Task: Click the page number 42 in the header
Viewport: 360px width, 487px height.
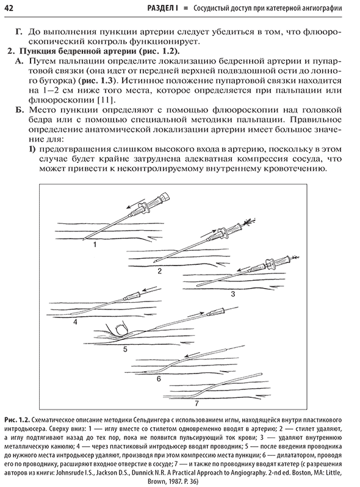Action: (x=9, y=8)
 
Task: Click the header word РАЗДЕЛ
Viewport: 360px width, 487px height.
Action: (x=161, y=8)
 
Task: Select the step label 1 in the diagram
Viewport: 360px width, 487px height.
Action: (x=95, y=245)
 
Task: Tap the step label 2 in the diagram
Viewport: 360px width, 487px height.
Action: (x=160, y=271)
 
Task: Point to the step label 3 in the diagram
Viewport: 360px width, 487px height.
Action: (x=233, y=294)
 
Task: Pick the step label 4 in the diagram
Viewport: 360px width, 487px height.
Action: (x=75, y=322)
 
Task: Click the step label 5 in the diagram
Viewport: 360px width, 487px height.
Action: (x=125, y=350)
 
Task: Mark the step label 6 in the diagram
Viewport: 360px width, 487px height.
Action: (x=159, y=378)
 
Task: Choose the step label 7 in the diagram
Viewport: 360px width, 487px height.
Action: (x=196, y=404)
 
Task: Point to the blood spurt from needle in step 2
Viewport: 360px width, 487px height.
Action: (x=248, y=221)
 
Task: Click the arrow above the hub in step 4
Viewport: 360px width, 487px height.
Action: (x=149, y=290)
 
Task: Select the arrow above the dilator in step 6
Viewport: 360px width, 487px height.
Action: (x=193, y=356)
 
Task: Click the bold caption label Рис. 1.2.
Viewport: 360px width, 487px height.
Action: (x=16, y=420)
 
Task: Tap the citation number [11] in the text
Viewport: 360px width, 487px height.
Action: (x=106, y=100)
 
